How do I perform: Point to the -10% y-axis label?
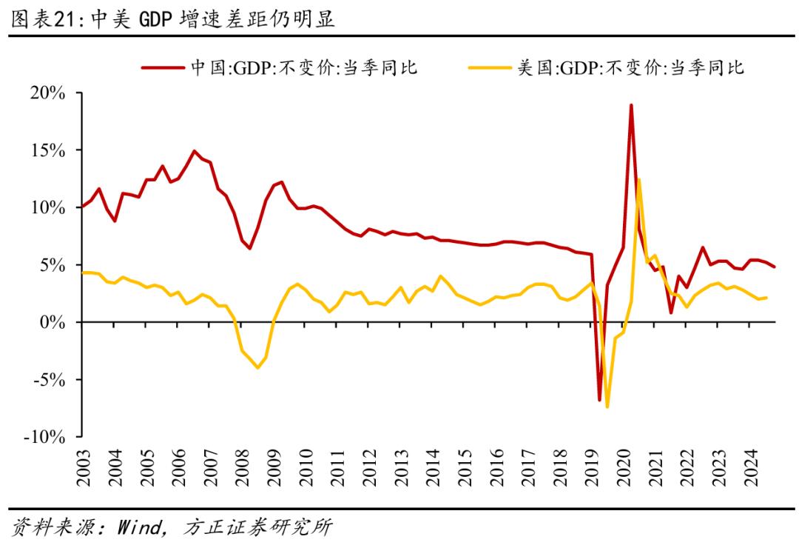[x=47, y=437]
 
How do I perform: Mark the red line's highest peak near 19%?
[x=631, y=105]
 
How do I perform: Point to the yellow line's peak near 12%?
[x=638, y=179]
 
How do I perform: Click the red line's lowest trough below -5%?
[x=599, y=400]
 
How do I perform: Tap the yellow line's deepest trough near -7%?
[x=607, y=407]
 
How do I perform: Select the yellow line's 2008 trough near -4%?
[x=257, y=367]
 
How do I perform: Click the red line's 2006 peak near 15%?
[x=195, y=151]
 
